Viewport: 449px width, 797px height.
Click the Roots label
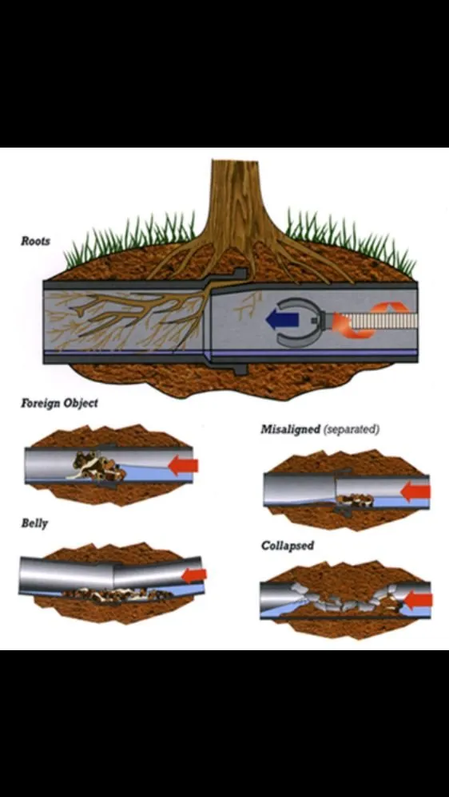click(x=35, y=240)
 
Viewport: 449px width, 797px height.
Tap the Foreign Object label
click(x=59, y=403)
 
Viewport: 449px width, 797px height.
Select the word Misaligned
click(x=289, y=429)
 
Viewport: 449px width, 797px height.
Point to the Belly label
click(x=34, y=523)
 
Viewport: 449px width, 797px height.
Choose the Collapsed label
click(x=287, y=546)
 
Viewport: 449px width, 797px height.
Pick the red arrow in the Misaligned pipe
click(x=415, y=491)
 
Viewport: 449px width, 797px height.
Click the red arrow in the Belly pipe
click(x=195, y=574)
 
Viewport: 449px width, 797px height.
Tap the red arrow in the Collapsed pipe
click(x=419, y=599)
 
